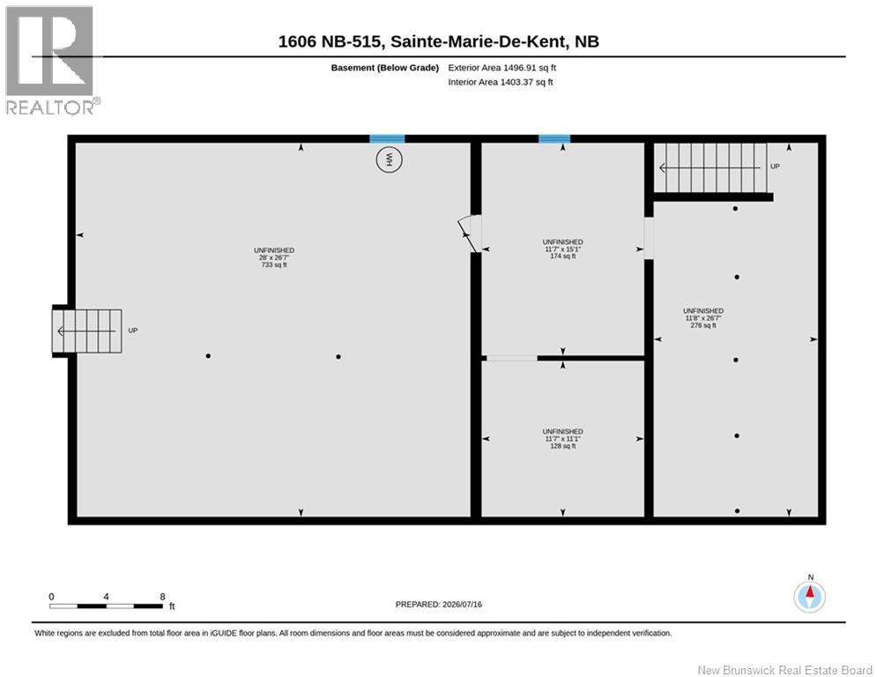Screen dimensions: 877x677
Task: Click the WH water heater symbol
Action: point(389,160)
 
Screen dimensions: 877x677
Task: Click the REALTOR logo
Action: point(52,61)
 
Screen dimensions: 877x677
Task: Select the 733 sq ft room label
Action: point(274,257)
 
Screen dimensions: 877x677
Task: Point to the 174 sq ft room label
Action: point(562,249)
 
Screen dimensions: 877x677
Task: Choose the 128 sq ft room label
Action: point(562,439)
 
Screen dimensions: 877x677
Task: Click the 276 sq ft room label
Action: point(703,318)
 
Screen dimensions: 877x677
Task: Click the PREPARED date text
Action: point(439,604)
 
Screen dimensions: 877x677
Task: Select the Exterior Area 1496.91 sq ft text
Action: point(502,68)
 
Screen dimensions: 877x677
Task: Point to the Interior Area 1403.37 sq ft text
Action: point(500,82)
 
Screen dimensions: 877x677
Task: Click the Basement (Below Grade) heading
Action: point(385,68)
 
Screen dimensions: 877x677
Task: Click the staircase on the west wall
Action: point(86,331)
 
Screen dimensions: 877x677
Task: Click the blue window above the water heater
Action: point(387,138)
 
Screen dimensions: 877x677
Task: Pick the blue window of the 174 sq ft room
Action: point(554,138)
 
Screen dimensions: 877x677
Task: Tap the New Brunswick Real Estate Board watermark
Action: point(784,670)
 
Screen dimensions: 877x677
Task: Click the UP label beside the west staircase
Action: point(132,331)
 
